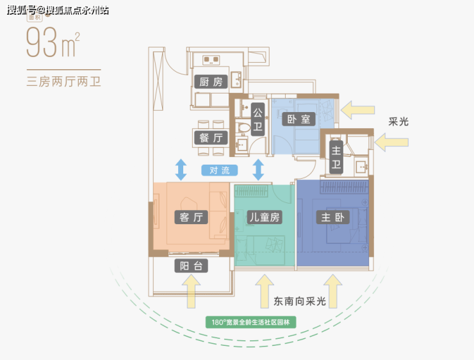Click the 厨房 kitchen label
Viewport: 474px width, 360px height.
pos(210,82)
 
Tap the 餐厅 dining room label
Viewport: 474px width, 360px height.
pos(210,138)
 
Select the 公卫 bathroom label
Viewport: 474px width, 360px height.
pos(258,120)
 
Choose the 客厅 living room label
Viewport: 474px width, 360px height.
pos(191,217)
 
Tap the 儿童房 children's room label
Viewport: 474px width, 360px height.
pos(265,217)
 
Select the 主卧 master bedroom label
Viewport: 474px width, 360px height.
pos(332,217)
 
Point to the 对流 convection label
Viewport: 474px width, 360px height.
pos(219,170)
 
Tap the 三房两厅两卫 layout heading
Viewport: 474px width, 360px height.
pos(64,81)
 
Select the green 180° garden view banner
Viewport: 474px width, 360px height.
pos(250,322)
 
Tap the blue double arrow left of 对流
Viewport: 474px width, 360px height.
pos(181,170)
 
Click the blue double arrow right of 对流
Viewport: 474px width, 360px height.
pos(258,170)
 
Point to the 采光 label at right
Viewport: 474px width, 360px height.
pos(398,122)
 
